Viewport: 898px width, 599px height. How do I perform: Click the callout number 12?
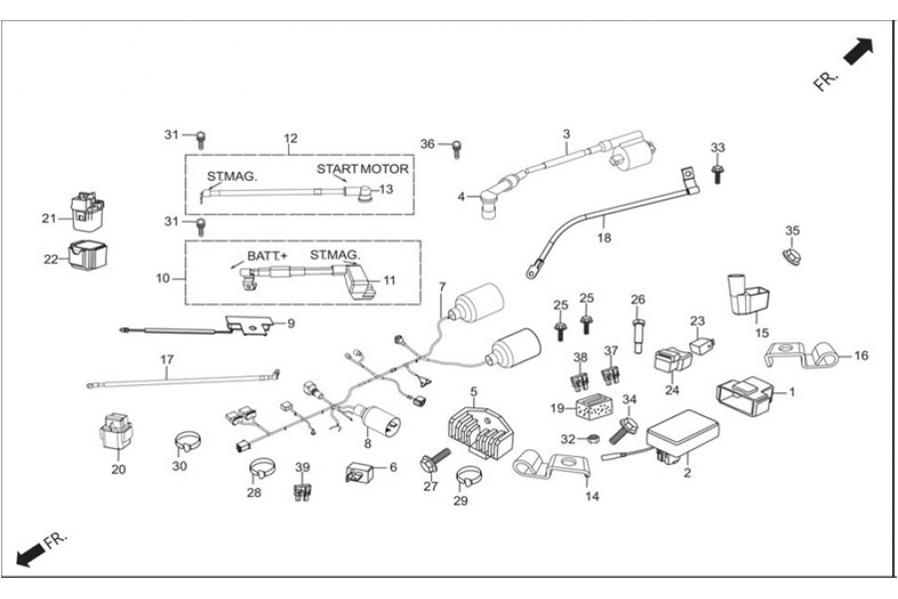290,138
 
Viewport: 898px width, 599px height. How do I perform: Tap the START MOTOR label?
363,168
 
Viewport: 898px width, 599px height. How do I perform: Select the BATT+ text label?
263,256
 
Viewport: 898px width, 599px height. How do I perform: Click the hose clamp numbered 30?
184,439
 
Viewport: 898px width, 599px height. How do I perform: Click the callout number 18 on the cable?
603,239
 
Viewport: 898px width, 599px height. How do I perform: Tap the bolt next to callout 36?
457,147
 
